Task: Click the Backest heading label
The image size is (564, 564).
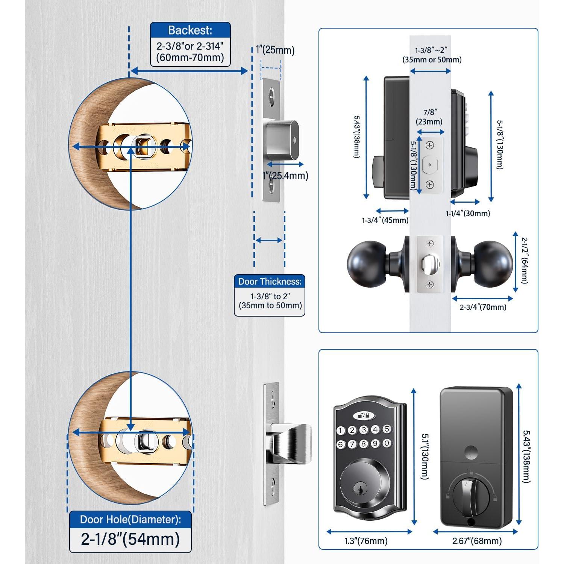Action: [190, 30]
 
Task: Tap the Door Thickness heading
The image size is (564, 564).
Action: [270, 282]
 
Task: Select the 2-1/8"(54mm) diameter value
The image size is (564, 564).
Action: [130, 539]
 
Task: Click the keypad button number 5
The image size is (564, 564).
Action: [387, 429]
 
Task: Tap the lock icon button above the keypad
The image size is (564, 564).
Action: [364, 415]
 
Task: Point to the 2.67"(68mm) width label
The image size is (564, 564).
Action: [476, 541]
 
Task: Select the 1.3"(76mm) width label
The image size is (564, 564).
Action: [366, 541]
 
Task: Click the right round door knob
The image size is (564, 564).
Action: [493, 263]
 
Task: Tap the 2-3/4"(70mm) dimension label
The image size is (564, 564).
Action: [483, 307]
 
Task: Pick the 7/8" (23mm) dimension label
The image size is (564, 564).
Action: [429, 117]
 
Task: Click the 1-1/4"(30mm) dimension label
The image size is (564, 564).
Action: [468, 214]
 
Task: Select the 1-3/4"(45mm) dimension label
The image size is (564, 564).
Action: [385, 220]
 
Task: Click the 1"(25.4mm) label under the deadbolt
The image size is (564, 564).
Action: [285, 176]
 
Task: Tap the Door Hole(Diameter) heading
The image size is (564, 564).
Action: [130, 520]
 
